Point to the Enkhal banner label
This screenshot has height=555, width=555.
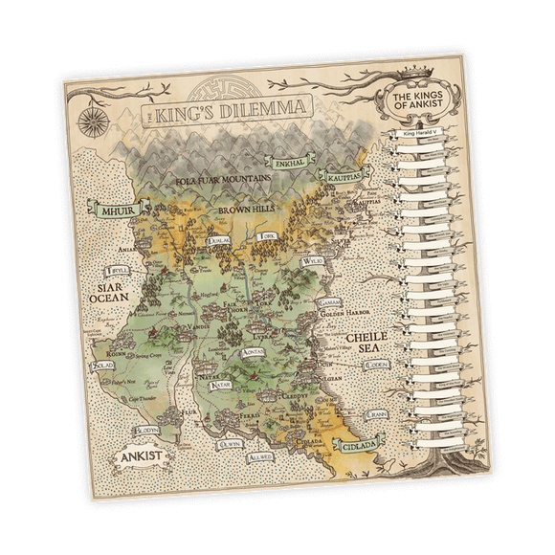289,165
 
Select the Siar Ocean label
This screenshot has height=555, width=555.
109,293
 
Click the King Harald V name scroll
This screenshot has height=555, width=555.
424,135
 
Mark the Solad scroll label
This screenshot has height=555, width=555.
102,366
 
